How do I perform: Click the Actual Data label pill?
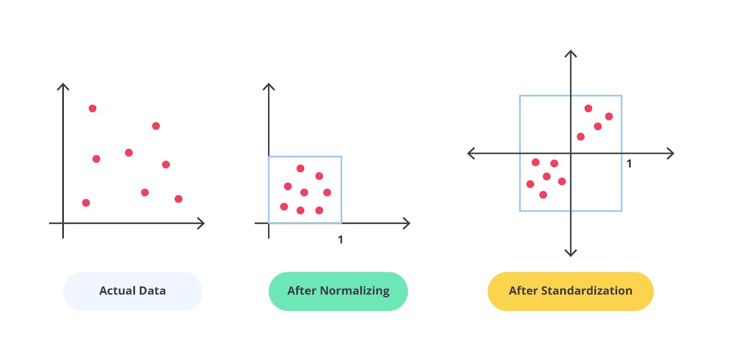tap(133, 291)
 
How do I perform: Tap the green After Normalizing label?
tap(338, 291)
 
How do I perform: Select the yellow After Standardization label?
tap(571, 291)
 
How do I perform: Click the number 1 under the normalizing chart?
tap(340, 240)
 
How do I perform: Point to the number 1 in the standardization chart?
tap(629, 164)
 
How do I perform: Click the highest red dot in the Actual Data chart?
tap(92, 108)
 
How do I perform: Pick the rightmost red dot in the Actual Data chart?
tap(178, 199)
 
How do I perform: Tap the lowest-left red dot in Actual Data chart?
tap(86, 203)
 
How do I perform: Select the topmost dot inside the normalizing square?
tap(300, 168)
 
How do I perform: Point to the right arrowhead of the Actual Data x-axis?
tap(202, 223)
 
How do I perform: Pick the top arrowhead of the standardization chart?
tap(571, 53)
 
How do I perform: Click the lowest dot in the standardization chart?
tap(543, 195)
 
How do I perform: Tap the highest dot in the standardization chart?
tap(588, 108)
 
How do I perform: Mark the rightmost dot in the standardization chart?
tap(609, 116)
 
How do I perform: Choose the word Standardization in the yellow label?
tap(587, 291)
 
